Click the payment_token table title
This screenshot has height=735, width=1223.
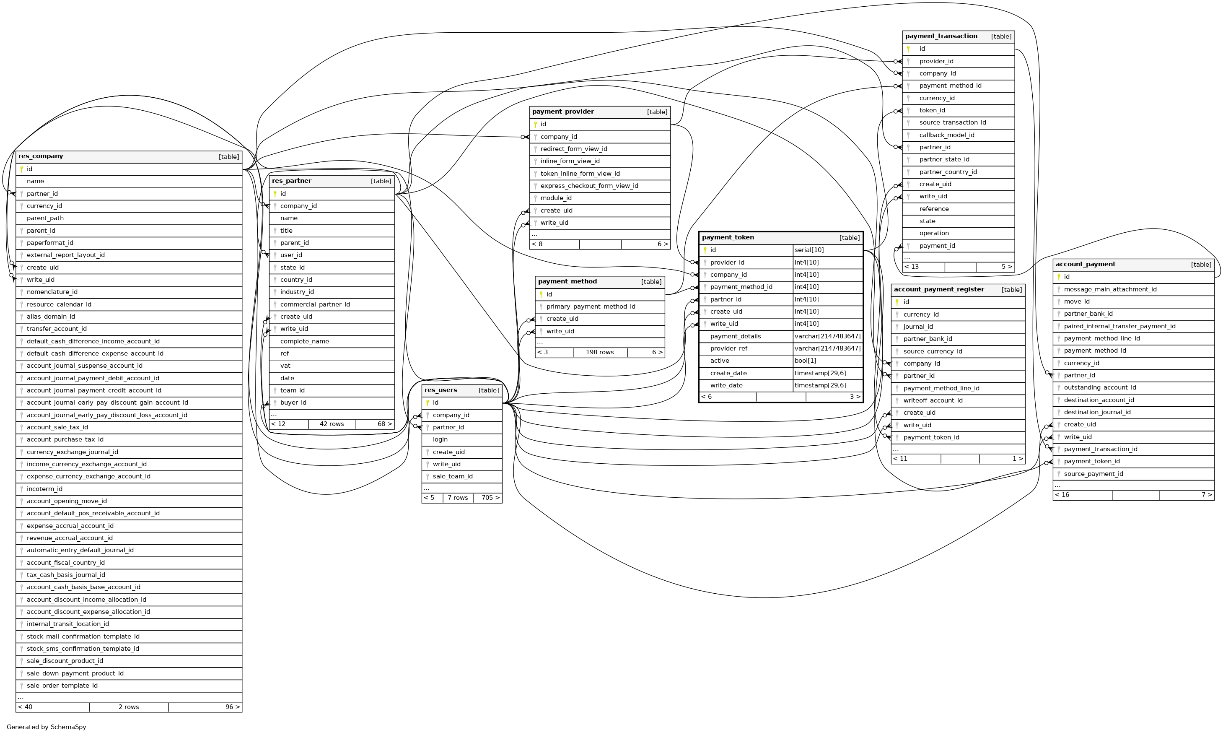[728, 238]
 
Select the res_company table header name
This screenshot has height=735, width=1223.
[41, 156]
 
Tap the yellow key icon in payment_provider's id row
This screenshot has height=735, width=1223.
[535, 124]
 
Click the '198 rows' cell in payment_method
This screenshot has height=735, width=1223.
[599, 353]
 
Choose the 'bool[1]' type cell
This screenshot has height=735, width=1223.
[805, 361]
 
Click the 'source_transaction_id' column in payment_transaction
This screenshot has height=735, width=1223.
[952, 123]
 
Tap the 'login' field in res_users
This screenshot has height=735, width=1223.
[440, 440]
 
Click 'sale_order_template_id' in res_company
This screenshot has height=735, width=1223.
[62, 686]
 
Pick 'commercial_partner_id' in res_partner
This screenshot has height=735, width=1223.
[315, 304]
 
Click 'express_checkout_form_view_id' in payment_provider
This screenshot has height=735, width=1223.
[589, 186]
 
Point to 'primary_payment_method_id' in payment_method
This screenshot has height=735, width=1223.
[591, 307]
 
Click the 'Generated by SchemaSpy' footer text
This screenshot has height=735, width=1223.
[46, 727]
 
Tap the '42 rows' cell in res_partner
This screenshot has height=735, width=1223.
[332, 424]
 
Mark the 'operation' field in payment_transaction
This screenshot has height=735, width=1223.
[934, 233]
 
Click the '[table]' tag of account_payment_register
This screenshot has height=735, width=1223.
[1012, 290]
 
